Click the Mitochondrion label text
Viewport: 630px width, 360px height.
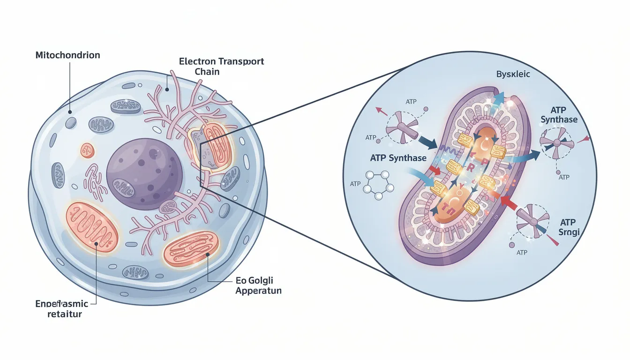(x=67, y=55)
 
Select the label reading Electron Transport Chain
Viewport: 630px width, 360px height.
(x=222, y=66)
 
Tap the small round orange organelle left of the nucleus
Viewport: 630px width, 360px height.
(x=87, y=150)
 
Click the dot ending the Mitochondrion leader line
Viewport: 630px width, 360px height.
(x=70, y=112)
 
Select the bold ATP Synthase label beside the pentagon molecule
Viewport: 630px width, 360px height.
(x=398, y=158)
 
